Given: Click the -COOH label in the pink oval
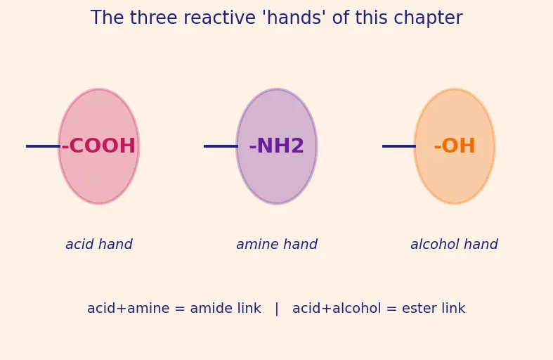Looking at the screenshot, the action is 98,146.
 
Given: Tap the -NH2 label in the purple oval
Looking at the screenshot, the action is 277,146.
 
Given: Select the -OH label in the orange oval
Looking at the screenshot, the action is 455,146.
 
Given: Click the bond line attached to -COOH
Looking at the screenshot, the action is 43,146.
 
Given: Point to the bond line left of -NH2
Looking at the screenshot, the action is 221,146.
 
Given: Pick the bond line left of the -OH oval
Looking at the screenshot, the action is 399,146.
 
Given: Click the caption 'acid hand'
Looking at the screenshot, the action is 99,244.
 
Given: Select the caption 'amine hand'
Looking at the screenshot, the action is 277,244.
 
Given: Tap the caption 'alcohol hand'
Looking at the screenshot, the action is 454,244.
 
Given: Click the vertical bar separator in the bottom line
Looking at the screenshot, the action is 277,309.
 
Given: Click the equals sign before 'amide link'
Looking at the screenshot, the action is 180,309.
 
